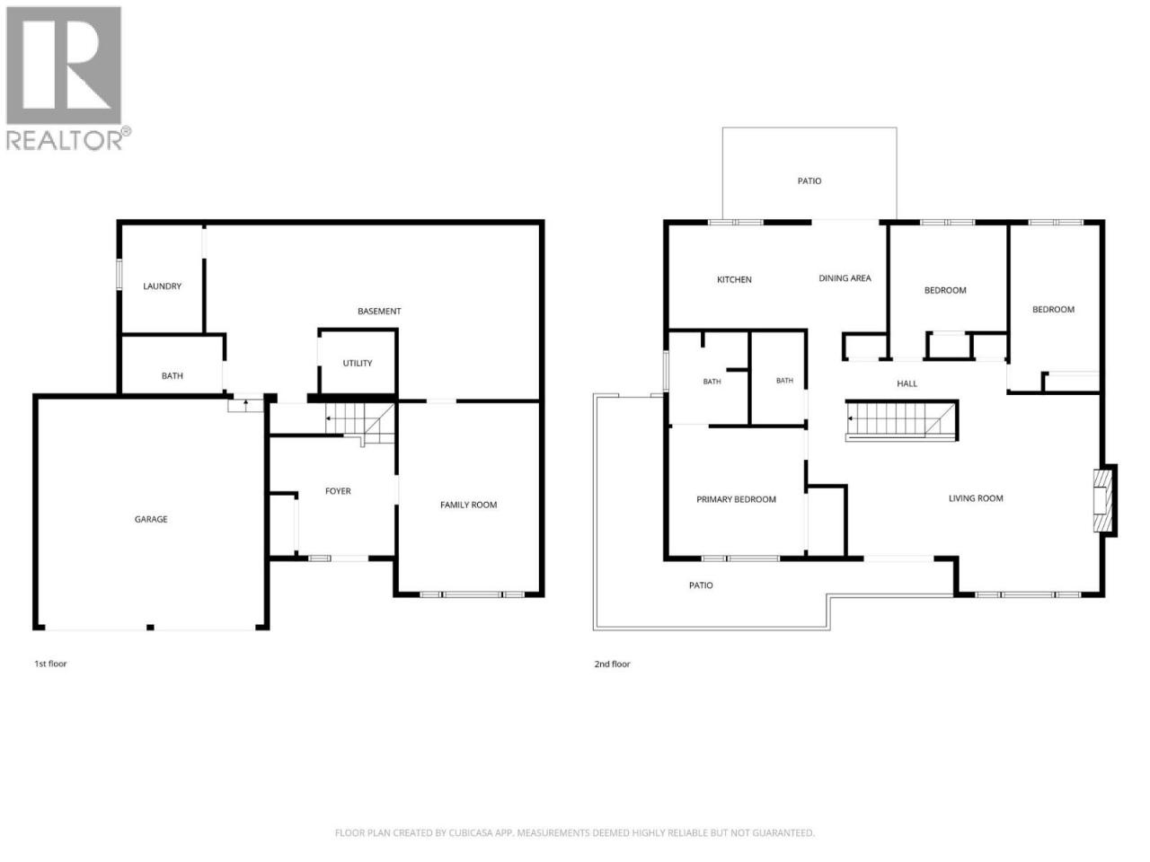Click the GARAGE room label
click(151, 519)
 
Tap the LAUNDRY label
click(162, 286)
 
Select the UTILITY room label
click(358, 364)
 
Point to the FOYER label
click(338, 491)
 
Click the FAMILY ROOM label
click(468, 505)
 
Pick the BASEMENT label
click(379, 312)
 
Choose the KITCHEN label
click(734, 280)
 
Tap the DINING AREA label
click(845, 278)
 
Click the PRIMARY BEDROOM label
click(736, 500)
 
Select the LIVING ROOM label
click(976, 498)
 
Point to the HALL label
click(907, 383)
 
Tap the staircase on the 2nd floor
click(902, 420)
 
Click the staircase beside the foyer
click(360, 423)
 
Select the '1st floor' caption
click(50, 664)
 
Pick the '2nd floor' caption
click(612, 664)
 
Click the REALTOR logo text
click(64, 140)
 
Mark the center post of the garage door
click(150, 627)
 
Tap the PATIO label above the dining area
click(809, 181)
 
